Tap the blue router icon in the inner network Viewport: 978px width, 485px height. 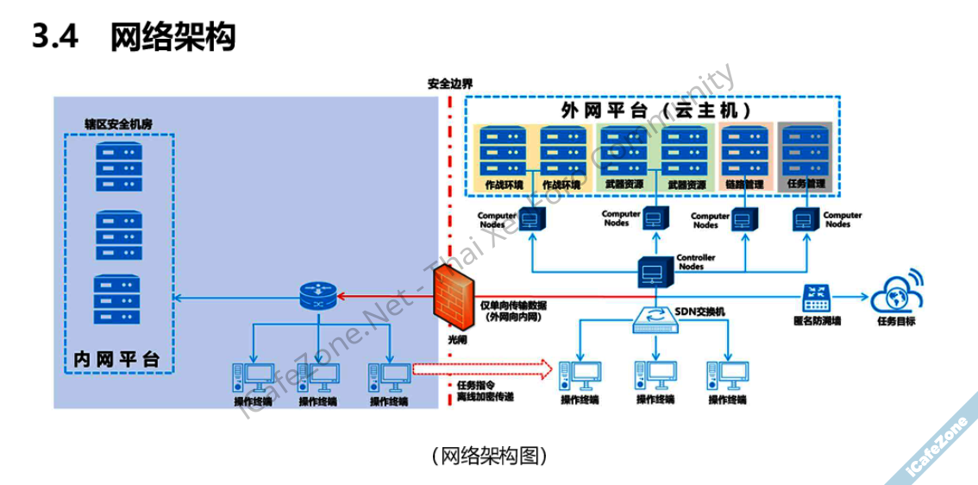click(x=320, y=298)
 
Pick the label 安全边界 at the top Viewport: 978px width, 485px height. click(x=449, y=85)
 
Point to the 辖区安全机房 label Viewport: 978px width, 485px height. click(x=118, y=124)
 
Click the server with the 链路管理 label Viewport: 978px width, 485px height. click(x=742, y=148)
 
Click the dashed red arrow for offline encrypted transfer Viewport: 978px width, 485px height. click(x=481, y=370)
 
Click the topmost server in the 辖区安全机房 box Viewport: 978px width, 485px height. click(x=118, y=165)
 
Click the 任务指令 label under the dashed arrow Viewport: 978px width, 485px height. click(x=474, y=386)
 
